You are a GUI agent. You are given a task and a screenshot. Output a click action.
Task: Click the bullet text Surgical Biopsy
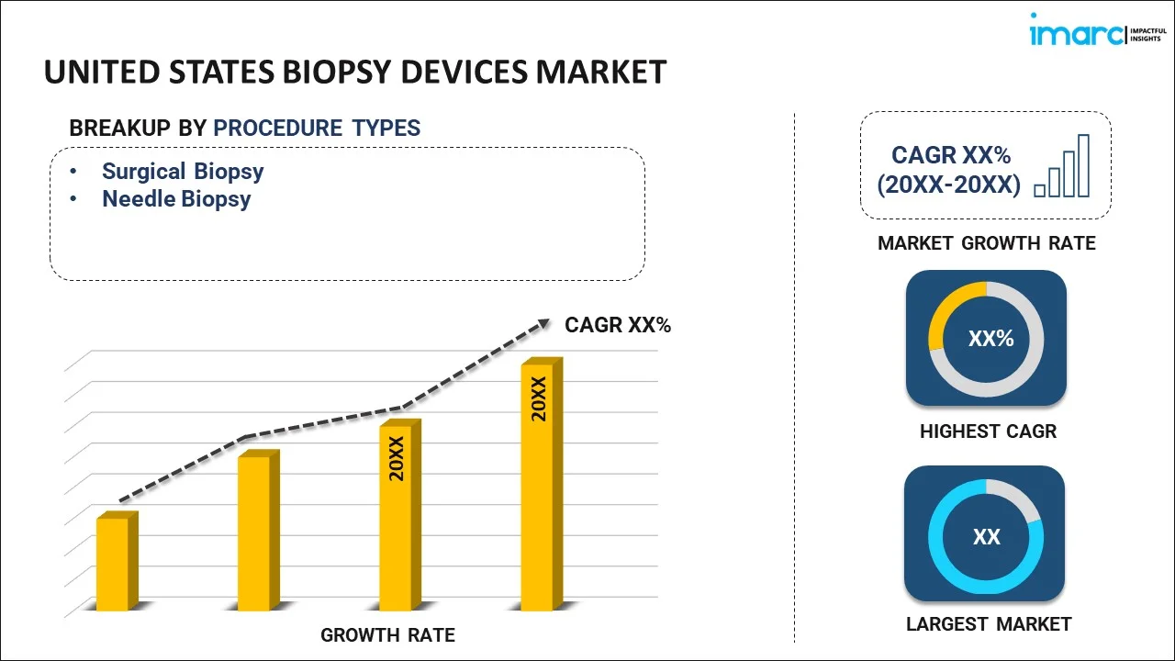coord(183,171)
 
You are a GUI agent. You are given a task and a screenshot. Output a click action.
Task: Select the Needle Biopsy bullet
coord(176,198)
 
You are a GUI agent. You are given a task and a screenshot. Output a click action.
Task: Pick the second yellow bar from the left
coord(254,532)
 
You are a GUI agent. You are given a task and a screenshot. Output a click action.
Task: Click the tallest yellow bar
coord(538,486)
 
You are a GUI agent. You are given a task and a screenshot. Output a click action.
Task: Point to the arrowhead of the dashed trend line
coord(543,322)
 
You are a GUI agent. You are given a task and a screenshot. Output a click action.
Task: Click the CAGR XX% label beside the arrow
coord(618,324)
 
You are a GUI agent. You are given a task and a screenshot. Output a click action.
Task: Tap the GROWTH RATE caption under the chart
coord(387,634)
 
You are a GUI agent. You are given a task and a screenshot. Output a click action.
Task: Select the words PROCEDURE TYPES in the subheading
coord(317,129)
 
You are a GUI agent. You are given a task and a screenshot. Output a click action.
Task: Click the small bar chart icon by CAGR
coord(1062,166)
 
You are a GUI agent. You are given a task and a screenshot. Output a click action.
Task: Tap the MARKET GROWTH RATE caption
coord(987,243)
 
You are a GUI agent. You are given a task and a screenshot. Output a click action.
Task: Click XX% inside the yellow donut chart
coord(990,339)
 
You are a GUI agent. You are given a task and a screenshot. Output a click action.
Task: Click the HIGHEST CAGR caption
coord(988,431)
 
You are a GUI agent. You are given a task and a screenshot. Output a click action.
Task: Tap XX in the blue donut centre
coord(986,537)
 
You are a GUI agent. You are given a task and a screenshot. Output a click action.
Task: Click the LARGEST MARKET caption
coord(989,624)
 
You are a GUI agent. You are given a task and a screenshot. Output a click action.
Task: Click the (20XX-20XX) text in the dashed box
coord(948,185)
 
